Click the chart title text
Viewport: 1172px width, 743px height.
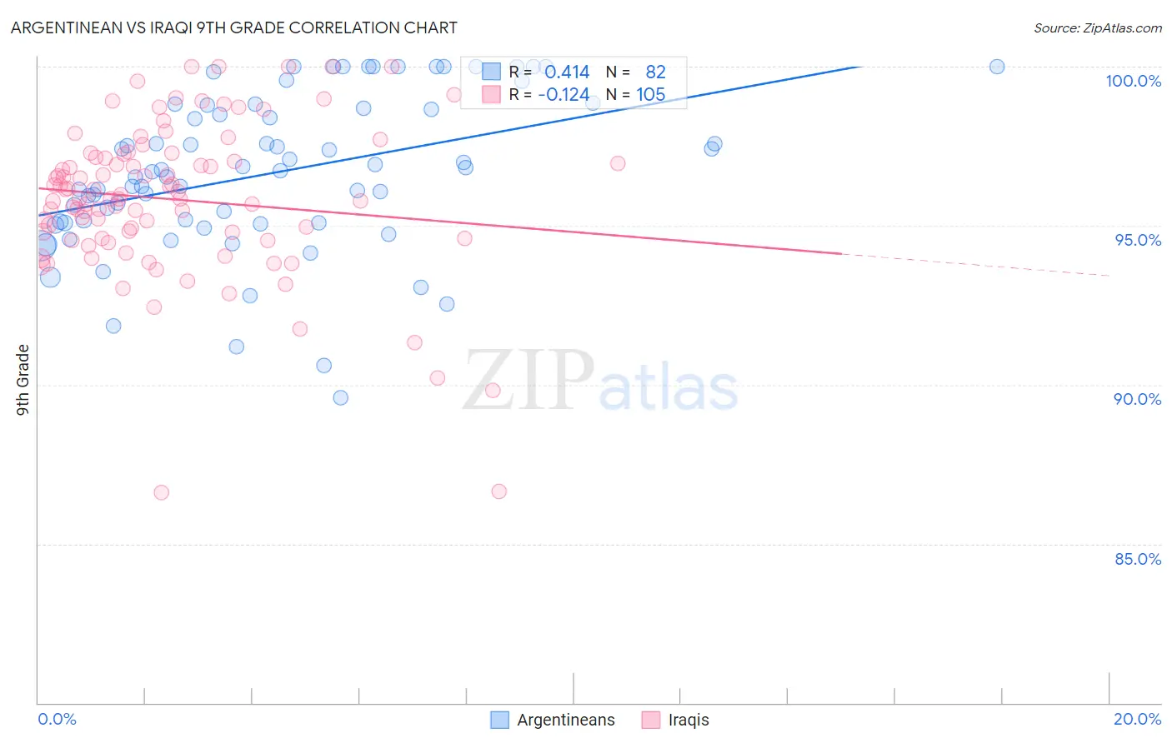point(233,27)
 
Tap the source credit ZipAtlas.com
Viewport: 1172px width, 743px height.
point(1097,27)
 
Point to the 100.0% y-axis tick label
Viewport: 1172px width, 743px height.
point(1133,81)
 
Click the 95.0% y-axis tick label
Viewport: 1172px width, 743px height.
point(1137,240)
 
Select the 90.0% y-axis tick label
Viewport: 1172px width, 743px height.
point(1137,399)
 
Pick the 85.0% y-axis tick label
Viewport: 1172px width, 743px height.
point(1137,559)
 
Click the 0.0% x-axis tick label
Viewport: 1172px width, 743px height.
point(57,719)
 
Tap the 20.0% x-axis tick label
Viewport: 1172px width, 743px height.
point(1137,719)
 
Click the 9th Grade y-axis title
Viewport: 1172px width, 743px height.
point(23,380)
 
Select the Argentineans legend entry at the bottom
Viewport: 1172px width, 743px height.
point(565,720)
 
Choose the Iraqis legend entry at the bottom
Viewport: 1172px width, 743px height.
point(688,720)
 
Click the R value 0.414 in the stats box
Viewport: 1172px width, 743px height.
point(567,72)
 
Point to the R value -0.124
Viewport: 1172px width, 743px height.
point(563,95)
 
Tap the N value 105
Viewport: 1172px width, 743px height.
point(651,95)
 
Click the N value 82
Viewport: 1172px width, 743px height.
point(655,72)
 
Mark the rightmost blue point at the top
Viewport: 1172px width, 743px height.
point(997,67)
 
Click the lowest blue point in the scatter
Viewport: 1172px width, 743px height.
point(340,397)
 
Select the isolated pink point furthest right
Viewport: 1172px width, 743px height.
point(618,163)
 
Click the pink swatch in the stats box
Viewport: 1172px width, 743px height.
point(492,95)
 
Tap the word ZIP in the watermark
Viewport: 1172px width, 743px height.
point(528,381)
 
